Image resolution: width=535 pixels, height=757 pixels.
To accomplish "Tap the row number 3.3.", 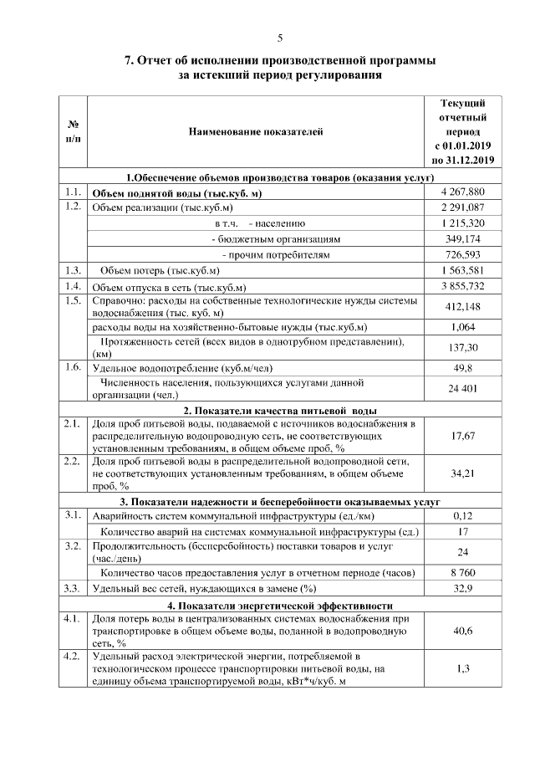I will [x=72, y=589].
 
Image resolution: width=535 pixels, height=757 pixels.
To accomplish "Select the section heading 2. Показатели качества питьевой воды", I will [x=280, y=411].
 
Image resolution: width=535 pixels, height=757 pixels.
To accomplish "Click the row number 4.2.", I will [x=72, y=656].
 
